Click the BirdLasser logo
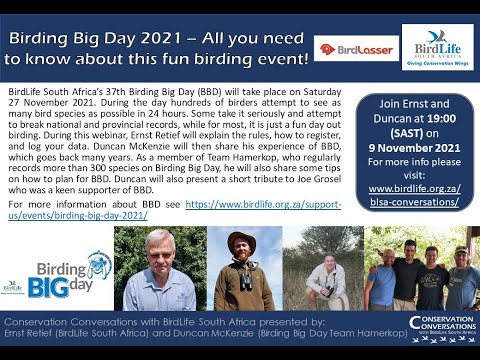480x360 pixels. point(343,48)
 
